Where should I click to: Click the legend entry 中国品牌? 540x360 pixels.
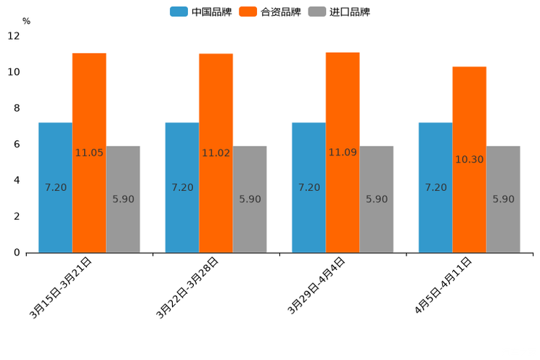pos(201,12)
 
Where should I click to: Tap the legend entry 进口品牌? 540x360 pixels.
pos(340,12)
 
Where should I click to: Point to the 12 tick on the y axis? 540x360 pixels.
pos(14,36)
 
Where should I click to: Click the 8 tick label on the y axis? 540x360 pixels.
pos(17,108)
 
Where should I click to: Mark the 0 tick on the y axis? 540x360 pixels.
pos(17,253)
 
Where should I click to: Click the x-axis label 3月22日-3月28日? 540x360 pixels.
pos(187,287)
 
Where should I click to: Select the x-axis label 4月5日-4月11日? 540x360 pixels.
pos(443,285)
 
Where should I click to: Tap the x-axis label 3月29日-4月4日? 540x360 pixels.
pos(316,286)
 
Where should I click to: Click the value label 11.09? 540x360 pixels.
pos(343,152)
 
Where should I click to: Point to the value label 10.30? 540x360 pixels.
pos(470,160)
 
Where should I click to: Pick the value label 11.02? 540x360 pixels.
pos(216,153)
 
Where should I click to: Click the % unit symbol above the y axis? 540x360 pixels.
pos(26,21)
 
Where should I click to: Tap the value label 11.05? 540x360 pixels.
pos(89,153)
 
